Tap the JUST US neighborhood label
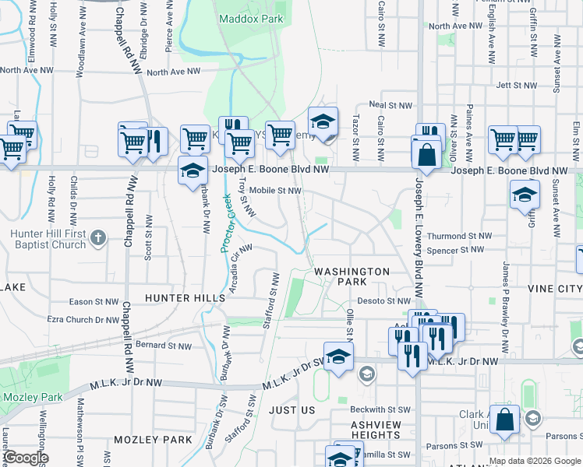click(x=291, y=409)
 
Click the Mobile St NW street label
click(x=275, y=190)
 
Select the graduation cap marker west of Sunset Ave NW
click(x=525, y=195)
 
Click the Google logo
click(x=25, y=457)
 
